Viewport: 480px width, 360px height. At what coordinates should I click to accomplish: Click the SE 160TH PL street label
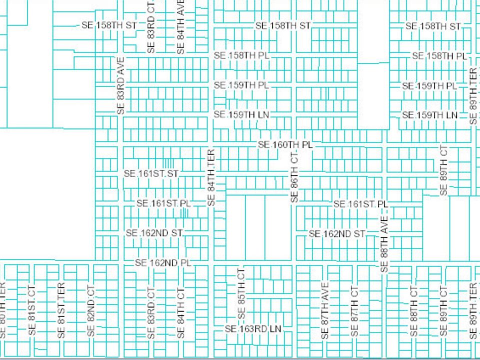point(285,144)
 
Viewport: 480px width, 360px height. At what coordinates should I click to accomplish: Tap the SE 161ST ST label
point(151,173)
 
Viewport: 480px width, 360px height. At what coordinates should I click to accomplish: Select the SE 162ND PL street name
point(163,263)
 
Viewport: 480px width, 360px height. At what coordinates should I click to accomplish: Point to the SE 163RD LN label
point(253,329)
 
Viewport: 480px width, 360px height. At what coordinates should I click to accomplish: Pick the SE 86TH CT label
point(294,178)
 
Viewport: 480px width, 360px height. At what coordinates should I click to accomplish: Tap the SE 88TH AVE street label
point(384,245)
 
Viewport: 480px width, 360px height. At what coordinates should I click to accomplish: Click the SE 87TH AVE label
point(325,311)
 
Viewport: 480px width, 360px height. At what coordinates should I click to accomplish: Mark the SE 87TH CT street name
point(354,311)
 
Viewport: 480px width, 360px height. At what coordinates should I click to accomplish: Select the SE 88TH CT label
point(413,311)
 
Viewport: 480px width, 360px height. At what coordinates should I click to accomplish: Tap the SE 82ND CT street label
point(90,311)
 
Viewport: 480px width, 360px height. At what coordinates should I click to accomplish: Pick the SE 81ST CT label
point(32,311)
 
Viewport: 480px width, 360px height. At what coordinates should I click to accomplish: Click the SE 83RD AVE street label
point(120,85)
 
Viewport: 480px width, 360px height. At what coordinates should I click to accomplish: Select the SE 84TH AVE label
point(181,27)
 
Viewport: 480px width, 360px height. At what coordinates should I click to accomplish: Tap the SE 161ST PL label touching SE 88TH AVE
point(360,204)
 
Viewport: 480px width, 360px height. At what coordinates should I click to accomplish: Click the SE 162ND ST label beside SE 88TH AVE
point(337,233)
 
